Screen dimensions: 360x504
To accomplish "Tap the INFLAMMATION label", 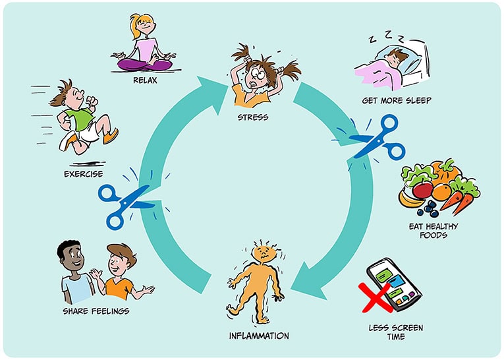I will click(258, 336).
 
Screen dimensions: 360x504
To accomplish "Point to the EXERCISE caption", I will click(84, 174).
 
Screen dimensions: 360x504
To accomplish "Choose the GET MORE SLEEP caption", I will click(397, 101).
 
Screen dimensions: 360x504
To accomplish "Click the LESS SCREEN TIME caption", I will click(396, 332).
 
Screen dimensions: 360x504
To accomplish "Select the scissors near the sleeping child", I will click(376, 137).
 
